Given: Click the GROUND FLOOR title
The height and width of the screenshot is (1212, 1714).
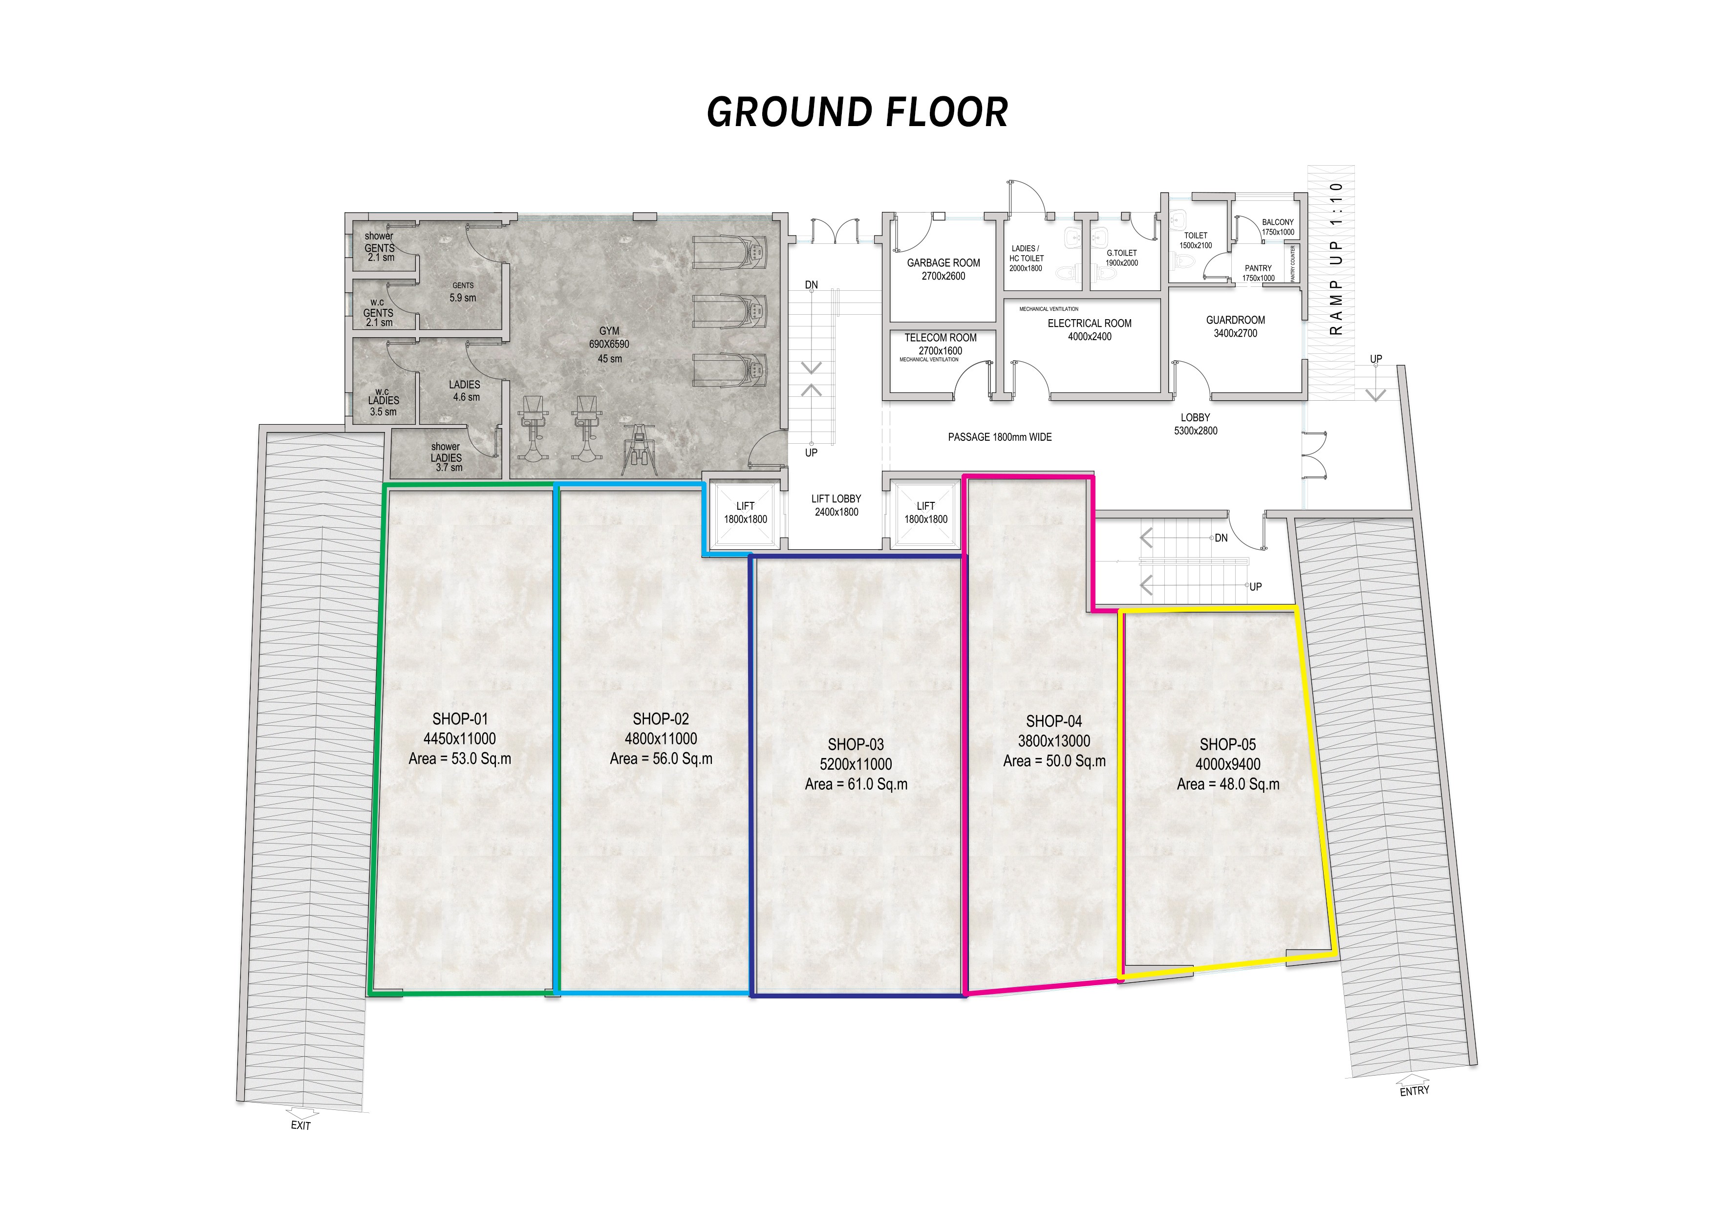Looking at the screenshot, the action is click(x=857, y=112).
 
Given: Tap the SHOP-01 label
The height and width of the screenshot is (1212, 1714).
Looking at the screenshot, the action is click(x=460, y=719).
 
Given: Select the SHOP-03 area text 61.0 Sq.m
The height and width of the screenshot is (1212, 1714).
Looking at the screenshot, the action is click(x=856, y=784).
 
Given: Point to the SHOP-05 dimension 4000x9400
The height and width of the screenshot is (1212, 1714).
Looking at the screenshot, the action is click(x=1228, y=764).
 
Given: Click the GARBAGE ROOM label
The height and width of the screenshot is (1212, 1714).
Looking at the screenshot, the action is click(x=943, y=263).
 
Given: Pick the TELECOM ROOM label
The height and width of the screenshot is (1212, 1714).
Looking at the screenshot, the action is click(x=941, y=338).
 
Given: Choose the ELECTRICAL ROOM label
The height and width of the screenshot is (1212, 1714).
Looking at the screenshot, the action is click(x=1089, y=324).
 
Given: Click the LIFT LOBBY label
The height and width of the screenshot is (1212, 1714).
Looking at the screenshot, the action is click(x=836, y=499).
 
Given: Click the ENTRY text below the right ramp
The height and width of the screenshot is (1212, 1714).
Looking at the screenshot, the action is click(x=1414, y=1091).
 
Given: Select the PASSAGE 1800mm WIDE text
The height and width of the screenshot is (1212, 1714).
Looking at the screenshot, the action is click(x=1000, y=437).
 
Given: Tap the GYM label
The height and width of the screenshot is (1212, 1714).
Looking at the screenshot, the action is click(x=609, y=331).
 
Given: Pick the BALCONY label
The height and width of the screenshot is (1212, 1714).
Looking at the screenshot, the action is click(x=1278, y=222).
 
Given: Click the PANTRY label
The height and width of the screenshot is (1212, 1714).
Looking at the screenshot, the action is click(x=1259, y=268).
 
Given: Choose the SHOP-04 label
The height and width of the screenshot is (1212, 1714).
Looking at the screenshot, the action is click(x=1054, y=721).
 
